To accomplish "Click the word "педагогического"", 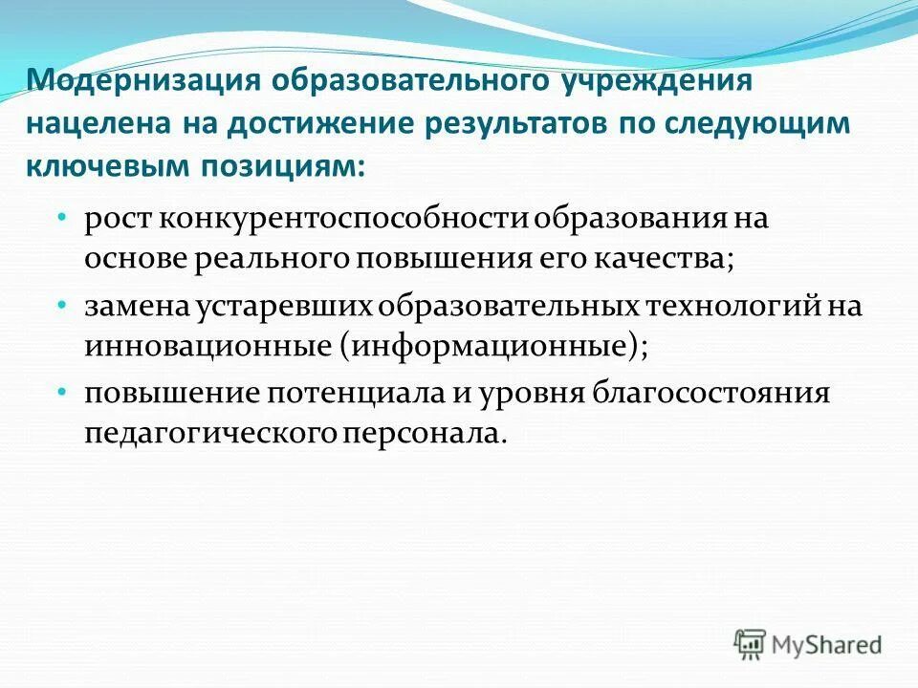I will (x=209, y=435).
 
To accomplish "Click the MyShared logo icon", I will (x=752, y=642).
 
